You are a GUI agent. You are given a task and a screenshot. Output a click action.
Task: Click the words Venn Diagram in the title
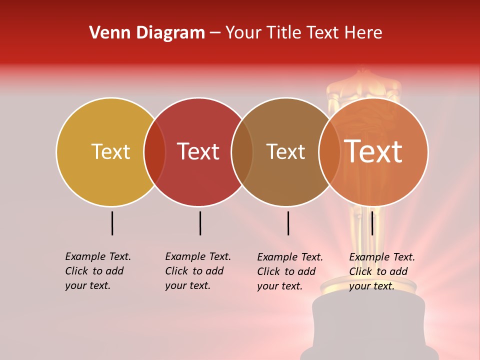tap(147, 33)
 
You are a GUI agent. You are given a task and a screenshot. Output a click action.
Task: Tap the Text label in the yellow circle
tap(110, 151)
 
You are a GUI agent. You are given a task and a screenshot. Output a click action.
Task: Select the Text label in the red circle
tap(198, 151)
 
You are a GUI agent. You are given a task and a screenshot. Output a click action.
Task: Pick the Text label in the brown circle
tap(285, 151)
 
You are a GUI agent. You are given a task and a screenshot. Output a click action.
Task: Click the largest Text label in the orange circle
tap(373, 151)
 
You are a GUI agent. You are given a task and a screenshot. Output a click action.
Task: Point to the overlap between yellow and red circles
tap(154, 151)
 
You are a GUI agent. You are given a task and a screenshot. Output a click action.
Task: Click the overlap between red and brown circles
tap(242, 151)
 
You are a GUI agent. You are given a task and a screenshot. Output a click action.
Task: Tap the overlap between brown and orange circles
tap(329, 151)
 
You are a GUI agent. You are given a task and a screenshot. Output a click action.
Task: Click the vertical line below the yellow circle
tap(112, 223)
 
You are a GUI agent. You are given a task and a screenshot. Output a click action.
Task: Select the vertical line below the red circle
tap(200, 223)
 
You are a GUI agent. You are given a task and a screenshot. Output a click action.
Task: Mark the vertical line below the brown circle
tap(288, 223)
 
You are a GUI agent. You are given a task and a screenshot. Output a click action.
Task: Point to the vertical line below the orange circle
tap(372, 223)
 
